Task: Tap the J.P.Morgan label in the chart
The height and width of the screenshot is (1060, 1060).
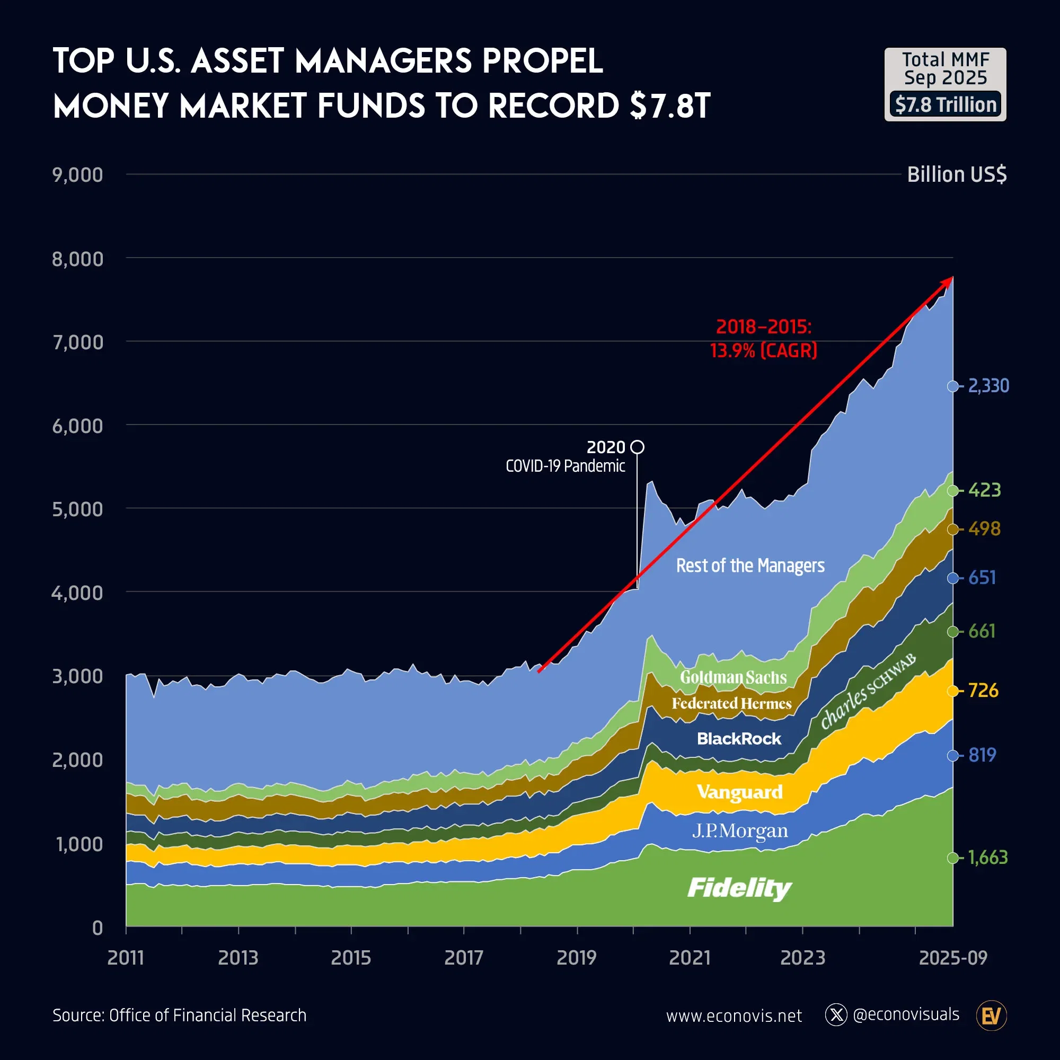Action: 739,831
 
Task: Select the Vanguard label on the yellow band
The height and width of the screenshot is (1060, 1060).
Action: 739,792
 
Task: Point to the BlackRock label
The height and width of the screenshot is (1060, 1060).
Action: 738,738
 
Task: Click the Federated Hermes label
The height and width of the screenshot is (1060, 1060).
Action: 731,703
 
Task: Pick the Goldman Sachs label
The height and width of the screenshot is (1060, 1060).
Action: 733,677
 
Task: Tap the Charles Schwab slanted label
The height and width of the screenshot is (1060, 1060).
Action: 868,691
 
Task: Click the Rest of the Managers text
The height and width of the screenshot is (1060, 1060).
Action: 749,565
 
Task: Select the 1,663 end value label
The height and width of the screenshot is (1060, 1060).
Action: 987,858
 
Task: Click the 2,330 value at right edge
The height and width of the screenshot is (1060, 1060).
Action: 988,386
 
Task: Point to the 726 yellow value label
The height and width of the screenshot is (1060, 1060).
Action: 983,690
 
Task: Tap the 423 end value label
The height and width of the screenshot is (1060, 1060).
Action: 984,490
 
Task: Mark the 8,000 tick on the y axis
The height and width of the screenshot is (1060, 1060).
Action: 77,259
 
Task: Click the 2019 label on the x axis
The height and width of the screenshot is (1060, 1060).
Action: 576,958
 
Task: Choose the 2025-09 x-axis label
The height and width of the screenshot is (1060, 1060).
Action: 953,958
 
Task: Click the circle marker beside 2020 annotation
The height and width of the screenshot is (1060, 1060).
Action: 637,447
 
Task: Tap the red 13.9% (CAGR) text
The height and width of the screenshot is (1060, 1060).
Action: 763,350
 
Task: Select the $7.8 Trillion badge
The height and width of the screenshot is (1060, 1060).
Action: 946,104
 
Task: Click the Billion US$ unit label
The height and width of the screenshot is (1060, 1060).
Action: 956,174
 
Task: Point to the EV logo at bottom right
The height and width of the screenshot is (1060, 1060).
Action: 992,1015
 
